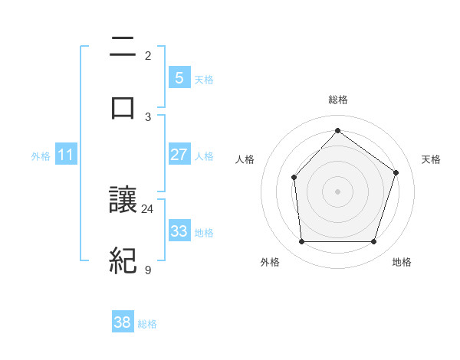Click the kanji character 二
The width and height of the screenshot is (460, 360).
pyautogui.click(x=123, y=48)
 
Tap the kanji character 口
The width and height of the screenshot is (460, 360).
pyautogui.click(x=123, y=107)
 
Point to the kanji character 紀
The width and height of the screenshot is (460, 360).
pyautogui.click(x=123, y=261)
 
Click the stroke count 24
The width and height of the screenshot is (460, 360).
pyautogui.click(x=148, y=208)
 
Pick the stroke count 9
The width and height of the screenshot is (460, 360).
pyautogui.click(x=148, y=270)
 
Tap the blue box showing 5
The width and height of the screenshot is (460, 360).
pyautogui.click(x=179, y=77)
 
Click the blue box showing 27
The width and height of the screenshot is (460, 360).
pyautogui.click(x=179, y=155)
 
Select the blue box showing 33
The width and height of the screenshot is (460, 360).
pyautogui.click(x=179, y=231)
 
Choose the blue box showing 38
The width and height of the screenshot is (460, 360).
pyautogui.click(x=123, y=322)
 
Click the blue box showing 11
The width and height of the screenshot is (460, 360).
pyautogui.click(x=66, y=155)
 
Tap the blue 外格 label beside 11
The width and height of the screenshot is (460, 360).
pyautogui.click(x=41, y=155)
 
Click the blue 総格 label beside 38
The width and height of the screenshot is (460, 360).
pyautogui.click(x=147, y=324)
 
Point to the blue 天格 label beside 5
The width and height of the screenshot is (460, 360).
pyautogui.click(x=204, y=79)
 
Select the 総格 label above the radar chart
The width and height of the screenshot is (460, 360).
pyautogui.click(x=338, y=100)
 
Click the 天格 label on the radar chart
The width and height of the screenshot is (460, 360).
pyautogui.click(x=432, y=159)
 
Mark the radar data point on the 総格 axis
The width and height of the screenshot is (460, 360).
pyautogui.click(x=337, y=130)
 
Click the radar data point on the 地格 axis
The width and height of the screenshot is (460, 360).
pyautogui.click(x=373, y=242)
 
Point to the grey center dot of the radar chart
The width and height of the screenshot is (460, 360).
pyautogui.click(x=337, y=191)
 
